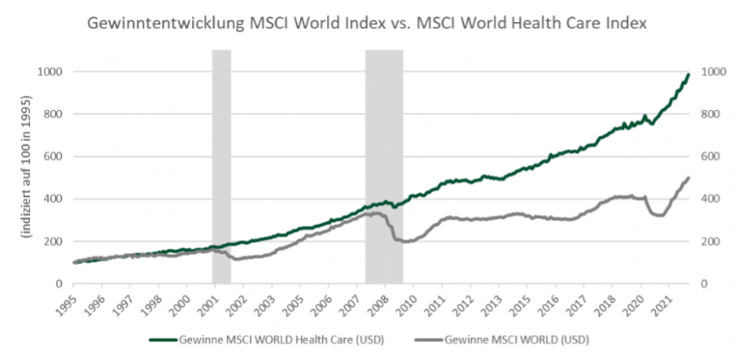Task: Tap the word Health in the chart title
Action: (x=540, y=24)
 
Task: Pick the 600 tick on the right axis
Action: (x=708, y=157)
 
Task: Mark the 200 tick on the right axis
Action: (x=708, y=242)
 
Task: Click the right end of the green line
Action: (x=688, y=75)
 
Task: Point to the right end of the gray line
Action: (x=688, y=179)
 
